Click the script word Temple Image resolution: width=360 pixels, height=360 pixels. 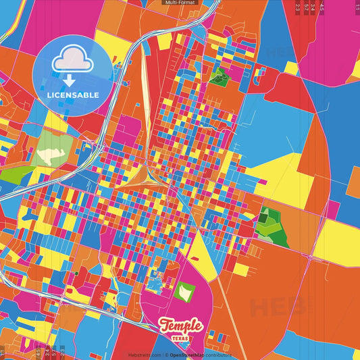click(180, 326)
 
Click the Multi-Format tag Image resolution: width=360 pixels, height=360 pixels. click(180, 3)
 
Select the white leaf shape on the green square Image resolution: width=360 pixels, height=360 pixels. click(184, 291)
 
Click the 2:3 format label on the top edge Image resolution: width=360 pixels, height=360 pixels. click(297, 8)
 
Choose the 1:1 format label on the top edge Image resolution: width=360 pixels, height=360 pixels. click(357, 8)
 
